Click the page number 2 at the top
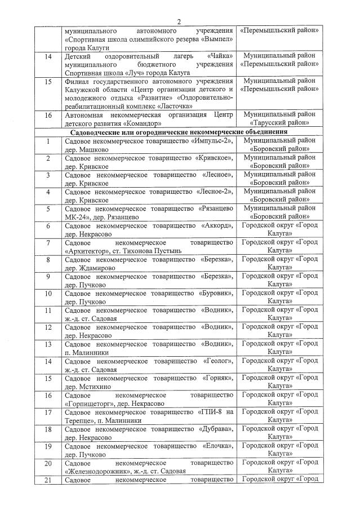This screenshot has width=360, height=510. [179, 21]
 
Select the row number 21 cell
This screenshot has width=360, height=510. [48, 480]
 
